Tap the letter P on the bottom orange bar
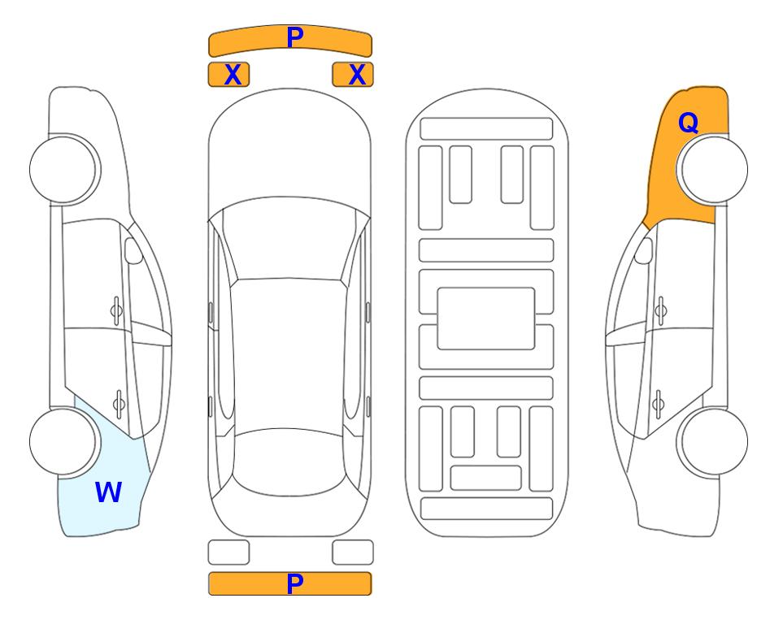pos(294,583)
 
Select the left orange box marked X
pos(228,75)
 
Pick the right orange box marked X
pos(353,75)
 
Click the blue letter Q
pos(688,123)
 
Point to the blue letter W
pos(108,492)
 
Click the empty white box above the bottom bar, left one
pos(228,552)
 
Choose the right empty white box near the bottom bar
pos(353,552)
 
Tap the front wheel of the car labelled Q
pos(712,169)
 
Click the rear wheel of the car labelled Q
pos(712,441)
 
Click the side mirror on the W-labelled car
pos(133,250)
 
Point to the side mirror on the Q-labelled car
pos(644,250)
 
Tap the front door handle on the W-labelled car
pos(116,310)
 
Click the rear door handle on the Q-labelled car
pos(659,404)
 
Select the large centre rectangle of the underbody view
pos(486,318)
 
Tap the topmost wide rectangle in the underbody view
pos(486,128)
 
